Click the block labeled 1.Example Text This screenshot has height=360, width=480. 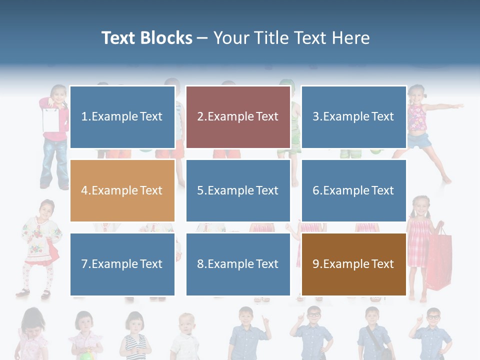(x=122, y=117)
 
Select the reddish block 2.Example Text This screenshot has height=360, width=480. (x=238, y=117)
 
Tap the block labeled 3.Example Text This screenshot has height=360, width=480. (x=353, y=117)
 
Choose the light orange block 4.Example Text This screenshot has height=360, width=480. (x=122, y=190)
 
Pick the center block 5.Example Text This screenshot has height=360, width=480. (x=238, y=190)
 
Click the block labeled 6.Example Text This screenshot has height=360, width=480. (x=353, y=190)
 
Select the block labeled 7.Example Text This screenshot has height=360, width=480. (x=122, y=264)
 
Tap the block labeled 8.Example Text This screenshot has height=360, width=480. (x=238, y=264)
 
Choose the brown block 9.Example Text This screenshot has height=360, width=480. (x=353, y=264)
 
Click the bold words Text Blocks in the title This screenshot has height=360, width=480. (x=146, y=38)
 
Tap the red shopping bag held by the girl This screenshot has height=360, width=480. (x=439, y=260)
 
